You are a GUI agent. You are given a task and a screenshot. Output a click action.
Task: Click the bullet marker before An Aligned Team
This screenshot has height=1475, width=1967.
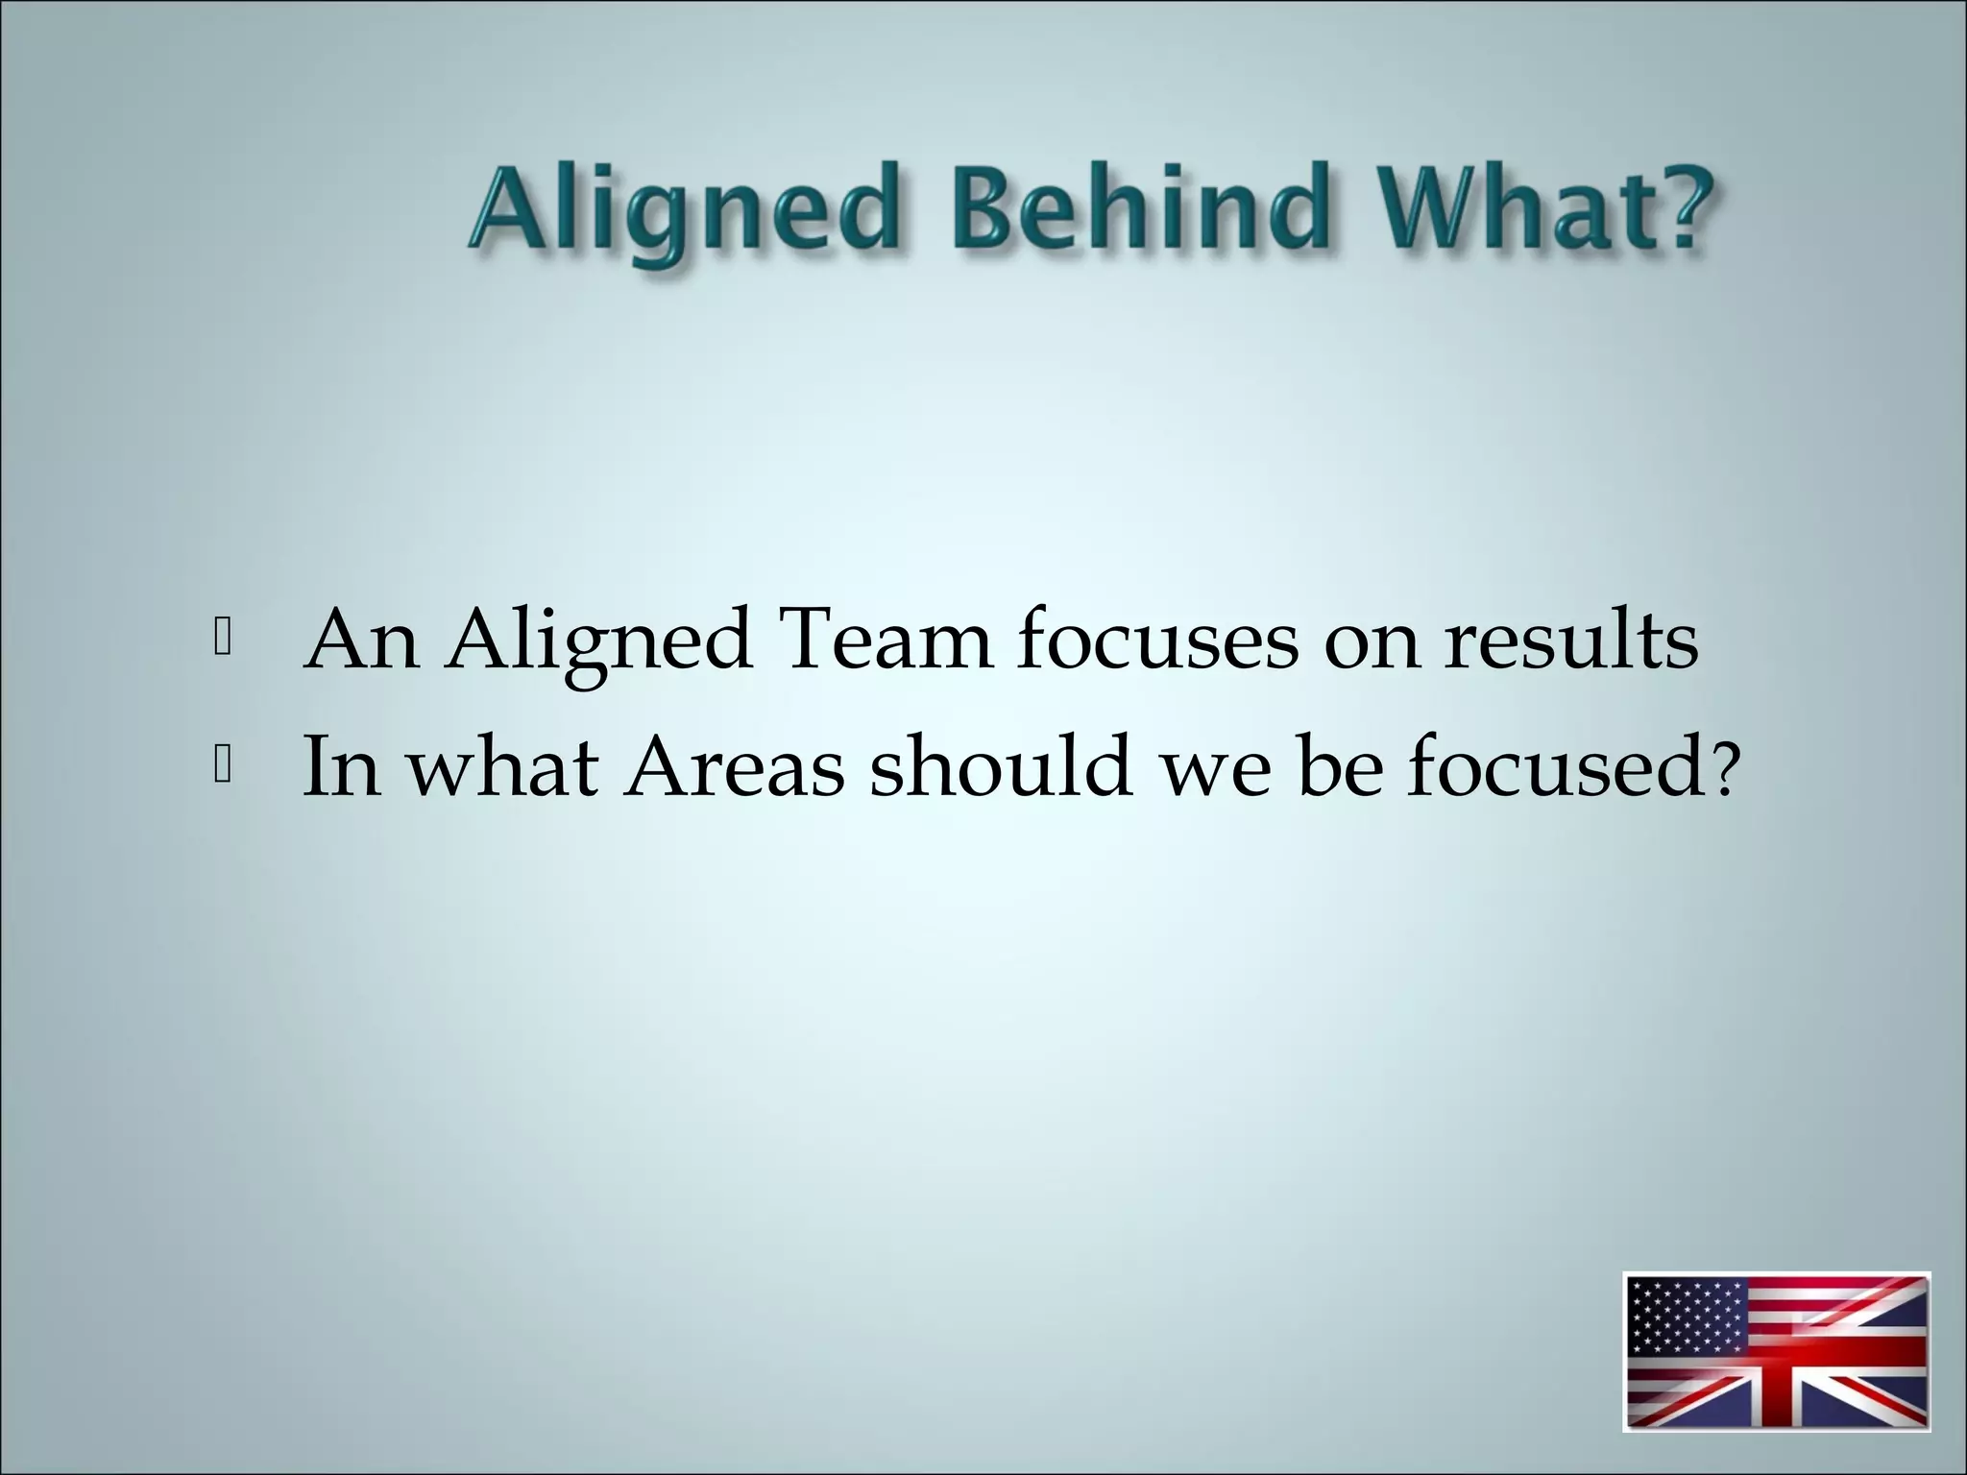[222, 641]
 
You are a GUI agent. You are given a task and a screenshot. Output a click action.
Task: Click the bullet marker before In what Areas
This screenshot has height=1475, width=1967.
[222, 766]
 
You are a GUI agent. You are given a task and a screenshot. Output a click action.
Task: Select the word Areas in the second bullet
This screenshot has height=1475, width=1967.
[734, 768]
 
